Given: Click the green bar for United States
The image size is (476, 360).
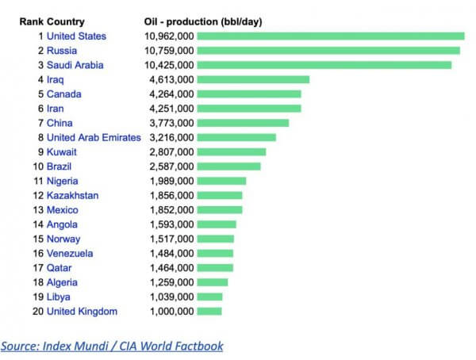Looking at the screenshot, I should click(x=330, y=36).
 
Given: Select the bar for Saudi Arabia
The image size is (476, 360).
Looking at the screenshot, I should click(x=324, y=65).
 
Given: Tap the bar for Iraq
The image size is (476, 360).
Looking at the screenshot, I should click(x=252, y=79).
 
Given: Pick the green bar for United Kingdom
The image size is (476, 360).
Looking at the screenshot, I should click(x=209, y=311).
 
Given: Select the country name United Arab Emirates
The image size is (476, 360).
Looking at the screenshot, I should click(x=94, y=137).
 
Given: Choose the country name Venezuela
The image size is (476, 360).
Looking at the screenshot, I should click(x=70, y=253).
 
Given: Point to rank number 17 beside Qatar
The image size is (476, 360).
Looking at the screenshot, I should click(x=36, y=267).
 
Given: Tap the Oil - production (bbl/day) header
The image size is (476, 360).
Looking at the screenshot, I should click(x=203, y=21).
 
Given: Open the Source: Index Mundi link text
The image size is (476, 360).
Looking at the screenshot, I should click(x=112, y=346).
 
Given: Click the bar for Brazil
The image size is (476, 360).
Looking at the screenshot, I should click(x=228, y=167).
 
